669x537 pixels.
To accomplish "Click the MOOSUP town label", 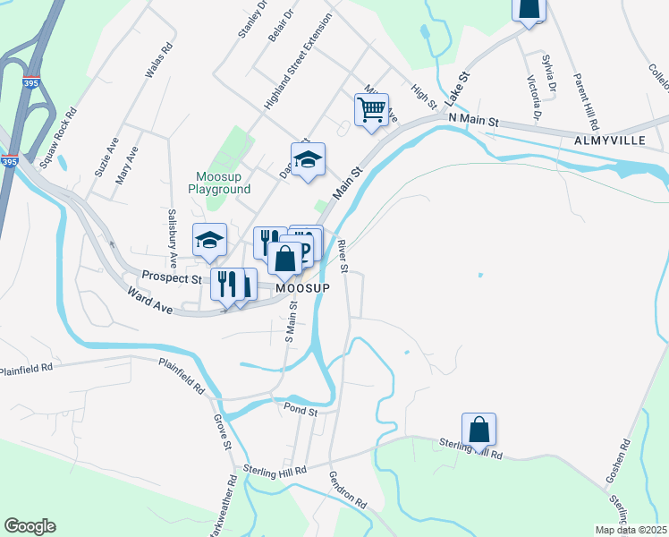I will point(303,289).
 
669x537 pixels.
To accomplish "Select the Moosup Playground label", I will point(219,182).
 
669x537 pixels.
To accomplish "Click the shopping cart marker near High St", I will point(371,110).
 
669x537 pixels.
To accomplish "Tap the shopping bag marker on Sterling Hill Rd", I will point(478,430).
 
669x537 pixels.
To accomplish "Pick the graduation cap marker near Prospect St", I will point(210,240).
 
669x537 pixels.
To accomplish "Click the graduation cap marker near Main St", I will point(308,160).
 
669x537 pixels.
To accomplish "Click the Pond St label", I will point(301,411).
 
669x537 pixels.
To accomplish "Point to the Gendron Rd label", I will point(347,490).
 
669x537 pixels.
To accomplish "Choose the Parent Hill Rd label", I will point(586,101).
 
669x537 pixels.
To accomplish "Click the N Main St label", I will point(472,119).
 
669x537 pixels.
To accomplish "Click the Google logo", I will point(30,526).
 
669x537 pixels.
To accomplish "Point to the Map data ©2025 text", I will point(631,530).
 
